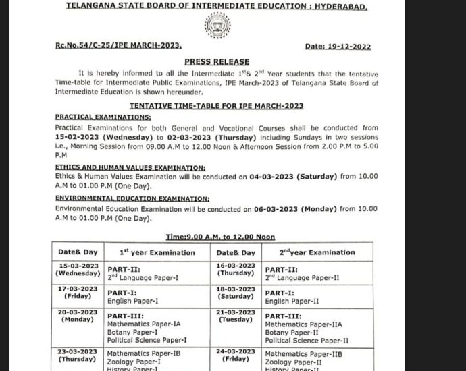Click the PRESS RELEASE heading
[x=217, y=61]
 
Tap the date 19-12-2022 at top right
[x=338, y=47]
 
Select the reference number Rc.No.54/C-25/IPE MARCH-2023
[x=119, y=45]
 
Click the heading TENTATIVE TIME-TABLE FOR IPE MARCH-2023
[x=216, y=106]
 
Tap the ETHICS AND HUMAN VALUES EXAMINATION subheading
[x=130, y=167]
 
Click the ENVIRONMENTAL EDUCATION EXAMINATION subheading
[x=132, y=199]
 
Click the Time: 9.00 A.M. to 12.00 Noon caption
[x=220, y=237]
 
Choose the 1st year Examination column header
[x=157, y=252]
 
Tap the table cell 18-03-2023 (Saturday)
[x=236, y=292]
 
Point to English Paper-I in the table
[x=133, y=302]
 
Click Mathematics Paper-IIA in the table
[x=303, y=324]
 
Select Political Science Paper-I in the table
[x=147, y=341]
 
